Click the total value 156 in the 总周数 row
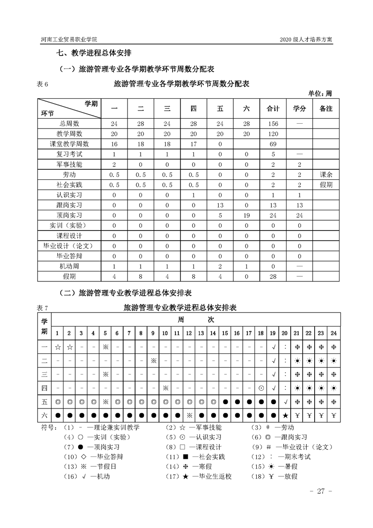(x=273, y=124)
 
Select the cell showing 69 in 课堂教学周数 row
(x=273, y=144)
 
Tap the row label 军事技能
(x=69, y=164)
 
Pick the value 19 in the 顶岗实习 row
(x=246, y=215)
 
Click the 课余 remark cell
(x=325, y=175)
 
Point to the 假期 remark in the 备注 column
(x=325, y=185)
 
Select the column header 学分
(x=300, y=109)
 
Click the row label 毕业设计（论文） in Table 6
(x=69, y=246)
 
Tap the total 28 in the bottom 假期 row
(x=273, y=276)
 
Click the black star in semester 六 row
(x=285, y=416)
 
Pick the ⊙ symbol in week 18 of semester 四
(x=261, y=388)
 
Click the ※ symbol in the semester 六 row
(x=189, y=416)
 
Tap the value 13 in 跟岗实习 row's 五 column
(x=220, y=205)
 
